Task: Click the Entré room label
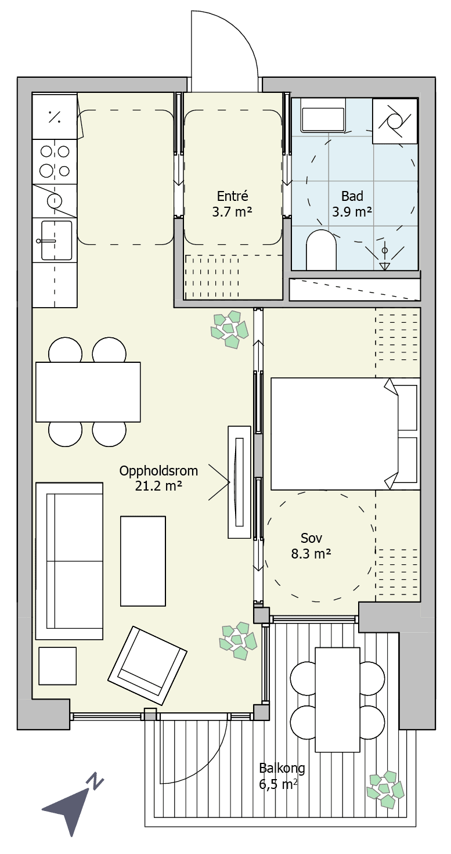[232, 204]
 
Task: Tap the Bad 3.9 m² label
[352, 204]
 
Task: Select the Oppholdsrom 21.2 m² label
[158, 478]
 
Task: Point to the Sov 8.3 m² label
[311, 546]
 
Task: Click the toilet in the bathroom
[322, 250]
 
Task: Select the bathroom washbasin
[323, 115]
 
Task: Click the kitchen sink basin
[56, 240]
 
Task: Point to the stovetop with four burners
[55, 162]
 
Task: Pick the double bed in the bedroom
[345, 434]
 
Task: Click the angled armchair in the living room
[147, 665]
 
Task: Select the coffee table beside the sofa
[143, 561]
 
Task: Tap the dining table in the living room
[88, 392]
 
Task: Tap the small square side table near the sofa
[57, 666]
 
